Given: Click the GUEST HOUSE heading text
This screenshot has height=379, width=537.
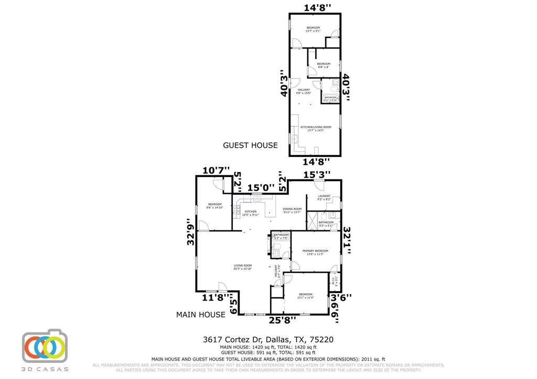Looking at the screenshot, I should [250, 145].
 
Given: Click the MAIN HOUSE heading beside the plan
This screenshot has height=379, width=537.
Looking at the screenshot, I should [200, 315].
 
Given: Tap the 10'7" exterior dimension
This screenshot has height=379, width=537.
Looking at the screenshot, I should [216, 170].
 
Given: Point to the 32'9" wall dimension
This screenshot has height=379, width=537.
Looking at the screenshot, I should [191, 231].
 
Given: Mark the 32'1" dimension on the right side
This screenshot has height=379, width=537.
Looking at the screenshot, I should [347, 240].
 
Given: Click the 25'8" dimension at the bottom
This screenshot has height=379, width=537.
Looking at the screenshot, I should [282, 319].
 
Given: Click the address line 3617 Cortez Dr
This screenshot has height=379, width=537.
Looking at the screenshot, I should [268, 340].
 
